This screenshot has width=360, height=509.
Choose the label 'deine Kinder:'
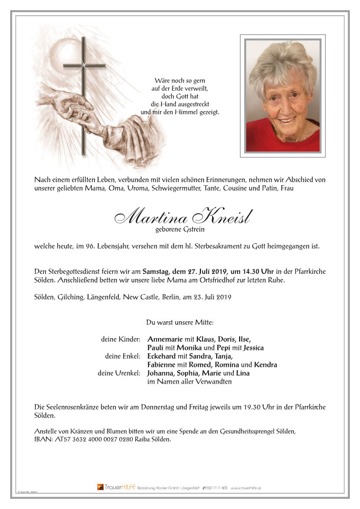point(122,340)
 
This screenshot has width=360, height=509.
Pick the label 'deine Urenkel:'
point(120,373)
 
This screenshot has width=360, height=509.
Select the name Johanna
point(162,373)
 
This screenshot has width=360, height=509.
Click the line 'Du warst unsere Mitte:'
point(180,322)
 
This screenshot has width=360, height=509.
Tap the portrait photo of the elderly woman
point(282,95)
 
